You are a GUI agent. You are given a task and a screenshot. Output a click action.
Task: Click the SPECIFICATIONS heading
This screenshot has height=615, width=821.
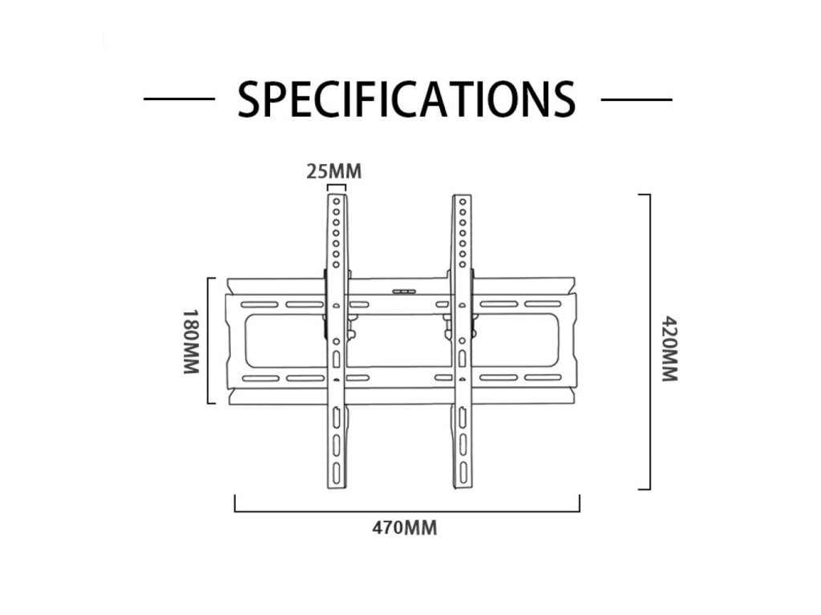tap(406, 98)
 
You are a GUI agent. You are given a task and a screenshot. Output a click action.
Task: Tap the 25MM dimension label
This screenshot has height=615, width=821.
tap(334, 171)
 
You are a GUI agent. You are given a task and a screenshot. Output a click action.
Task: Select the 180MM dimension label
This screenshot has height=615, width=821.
tap(190, 341)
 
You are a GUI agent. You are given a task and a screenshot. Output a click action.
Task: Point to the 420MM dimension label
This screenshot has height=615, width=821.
tap(669, 349)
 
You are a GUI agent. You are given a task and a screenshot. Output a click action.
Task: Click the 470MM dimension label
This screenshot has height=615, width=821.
tap(405, 529)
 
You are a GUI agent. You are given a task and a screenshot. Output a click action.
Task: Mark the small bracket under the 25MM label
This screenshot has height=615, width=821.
tap(337, 187)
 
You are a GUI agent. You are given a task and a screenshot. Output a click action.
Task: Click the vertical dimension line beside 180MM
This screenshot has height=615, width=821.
tap(210, 341)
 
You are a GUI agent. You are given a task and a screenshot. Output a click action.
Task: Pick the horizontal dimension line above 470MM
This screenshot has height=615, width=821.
tap(406, 509)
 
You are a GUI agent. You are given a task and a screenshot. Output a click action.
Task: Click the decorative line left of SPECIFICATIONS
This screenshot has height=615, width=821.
tap(179, 99)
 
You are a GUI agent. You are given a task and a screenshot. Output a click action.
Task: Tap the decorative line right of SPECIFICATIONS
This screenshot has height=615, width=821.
tap(636, 99)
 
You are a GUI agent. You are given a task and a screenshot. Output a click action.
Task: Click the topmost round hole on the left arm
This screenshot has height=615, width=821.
tap(337, 202)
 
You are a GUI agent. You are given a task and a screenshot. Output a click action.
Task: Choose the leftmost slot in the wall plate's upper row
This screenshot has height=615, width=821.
tap(259, 304)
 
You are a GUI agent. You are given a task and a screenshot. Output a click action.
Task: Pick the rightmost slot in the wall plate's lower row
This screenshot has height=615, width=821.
tap(544, 377)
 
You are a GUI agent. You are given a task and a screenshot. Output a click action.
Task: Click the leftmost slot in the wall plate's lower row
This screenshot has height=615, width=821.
tap(259, 377)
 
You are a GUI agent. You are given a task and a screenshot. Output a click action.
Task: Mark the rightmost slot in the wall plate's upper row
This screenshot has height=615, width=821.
tap(544, 304)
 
